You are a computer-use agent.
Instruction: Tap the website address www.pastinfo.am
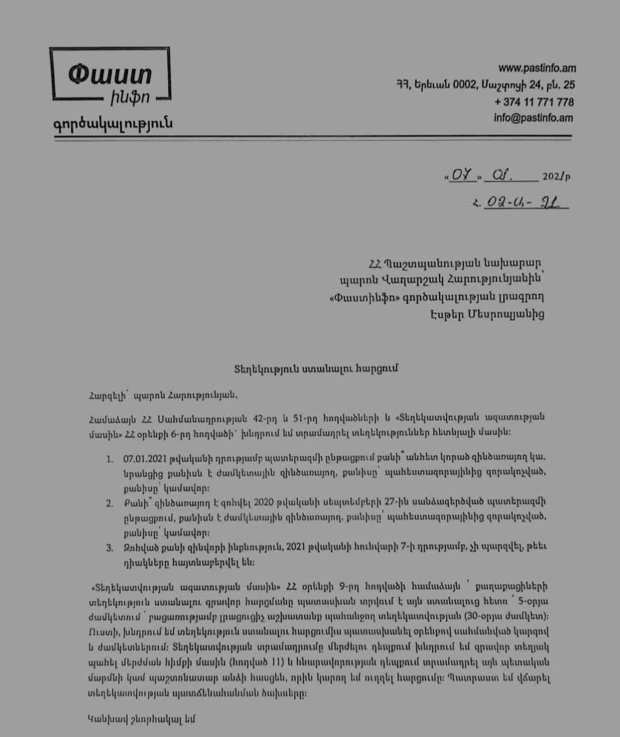(537, 68)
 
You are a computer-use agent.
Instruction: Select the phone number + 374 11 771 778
(534, 102)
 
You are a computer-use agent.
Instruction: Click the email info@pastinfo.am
(533, 118)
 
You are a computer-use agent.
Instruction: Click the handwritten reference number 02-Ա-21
(519, 203)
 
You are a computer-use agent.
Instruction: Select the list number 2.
(109, 503)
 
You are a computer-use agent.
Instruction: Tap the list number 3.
(109, 548)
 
